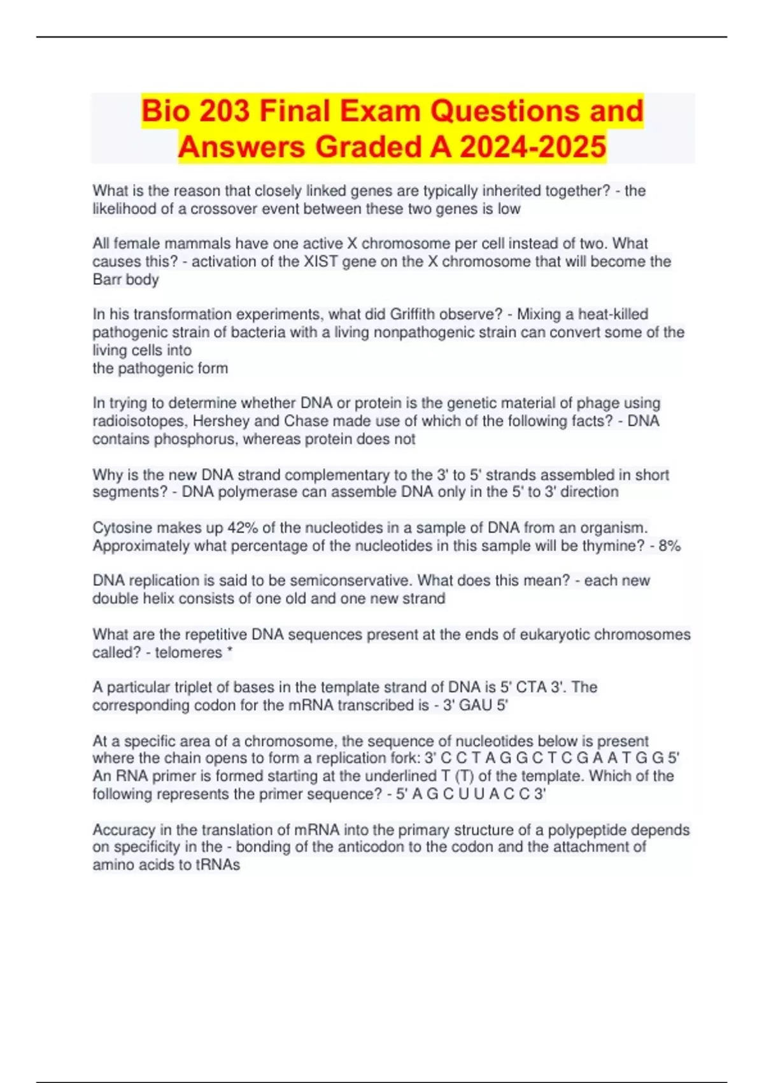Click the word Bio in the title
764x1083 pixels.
point(165,111)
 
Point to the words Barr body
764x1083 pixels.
point(125,280)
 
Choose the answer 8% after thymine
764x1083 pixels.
point(669,546)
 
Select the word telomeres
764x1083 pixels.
point(188,652)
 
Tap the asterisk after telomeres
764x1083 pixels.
point(229,651)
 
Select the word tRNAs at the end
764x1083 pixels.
point(218,864)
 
